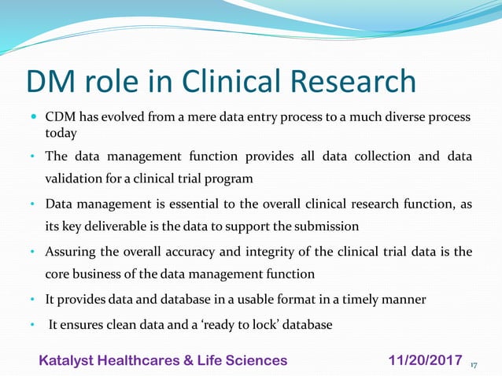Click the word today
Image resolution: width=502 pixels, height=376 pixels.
click(60, 134)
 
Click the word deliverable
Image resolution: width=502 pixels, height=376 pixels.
click(120, 227)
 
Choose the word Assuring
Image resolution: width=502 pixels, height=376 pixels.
click(70, 253)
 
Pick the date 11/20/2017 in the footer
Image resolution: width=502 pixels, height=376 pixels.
click(426, 360)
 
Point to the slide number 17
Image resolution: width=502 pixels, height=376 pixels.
click(474, 365)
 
